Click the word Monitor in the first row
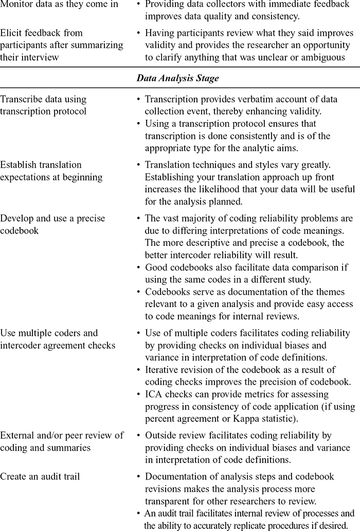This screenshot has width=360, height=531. [x=17, y=4]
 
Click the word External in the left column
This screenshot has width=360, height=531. [x=19, y=435]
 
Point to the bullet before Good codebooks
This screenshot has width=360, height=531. [x=139, y=268]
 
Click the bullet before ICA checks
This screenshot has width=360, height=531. [x=139, y=395]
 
